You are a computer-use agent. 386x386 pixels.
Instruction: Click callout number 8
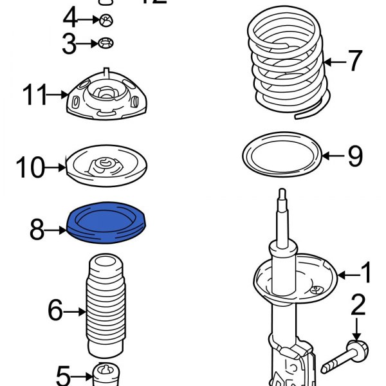pyautogui.click(x=38, y=228)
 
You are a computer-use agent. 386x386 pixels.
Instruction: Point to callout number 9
pyautogui.click(x=354, y=156)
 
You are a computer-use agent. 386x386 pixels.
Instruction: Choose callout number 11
pyautogui.click(x=36, y=95)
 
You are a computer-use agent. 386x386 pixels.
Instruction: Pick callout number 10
pyautogui.click(x=30, y=169)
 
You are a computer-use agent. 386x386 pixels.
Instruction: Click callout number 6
pyautogui.click(x=56, y=312)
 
